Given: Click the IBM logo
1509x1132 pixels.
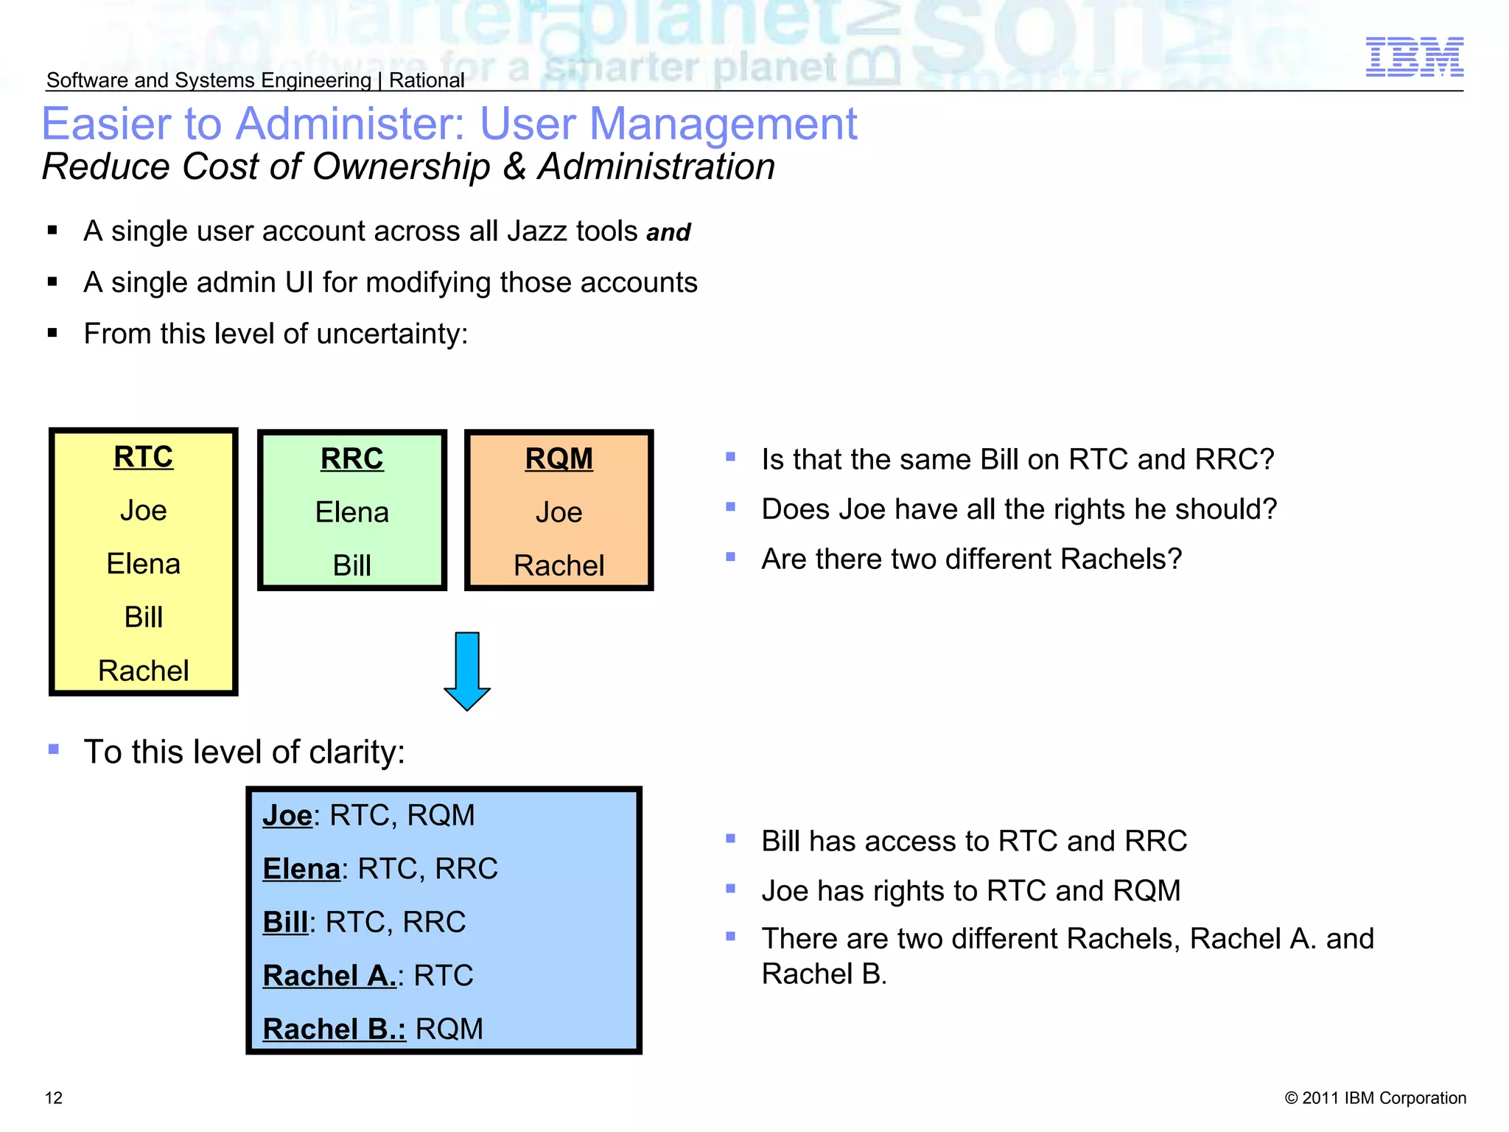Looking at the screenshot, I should coord(1414,57).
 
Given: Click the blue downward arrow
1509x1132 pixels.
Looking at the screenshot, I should coord(467,671).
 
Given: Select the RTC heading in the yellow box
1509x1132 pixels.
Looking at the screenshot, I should coord(143,457).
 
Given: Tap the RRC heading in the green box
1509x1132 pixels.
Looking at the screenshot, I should coord(351,458).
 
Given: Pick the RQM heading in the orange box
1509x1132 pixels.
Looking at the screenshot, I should coord(559,458).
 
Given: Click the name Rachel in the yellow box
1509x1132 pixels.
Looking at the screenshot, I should coord(143,671).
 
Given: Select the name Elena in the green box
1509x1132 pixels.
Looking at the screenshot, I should coord(351,512).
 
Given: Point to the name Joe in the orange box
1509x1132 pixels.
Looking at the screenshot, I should coord(559,512).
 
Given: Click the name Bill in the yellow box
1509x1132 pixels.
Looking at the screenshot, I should coord(143,617).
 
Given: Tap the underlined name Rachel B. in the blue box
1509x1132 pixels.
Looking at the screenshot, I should coord(334,1029).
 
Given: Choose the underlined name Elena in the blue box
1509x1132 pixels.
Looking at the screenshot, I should coord(301,869).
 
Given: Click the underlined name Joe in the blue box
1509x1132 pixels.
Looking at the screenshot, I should coord(287,815).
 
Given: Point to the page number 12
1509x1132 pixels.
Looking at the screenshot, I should coord(54,1098).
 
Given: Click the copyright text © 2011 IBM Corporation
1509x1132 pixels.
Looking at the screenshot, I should coord(1375,1098).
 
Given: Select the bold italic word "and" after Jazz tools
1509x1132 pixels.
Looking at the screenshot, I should coord(668,233).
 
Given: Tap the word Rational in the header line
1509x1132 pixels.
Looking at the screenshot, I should coord(427,80).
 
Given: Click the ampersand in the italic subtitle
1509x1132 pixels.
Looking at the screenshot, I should coord(514,167).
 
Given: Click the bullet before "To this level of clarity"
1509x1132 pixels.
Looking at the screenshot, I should coord(53,750).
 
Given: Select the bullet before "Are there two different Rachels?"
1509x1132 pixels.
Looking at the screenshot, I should coord(730,557).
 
